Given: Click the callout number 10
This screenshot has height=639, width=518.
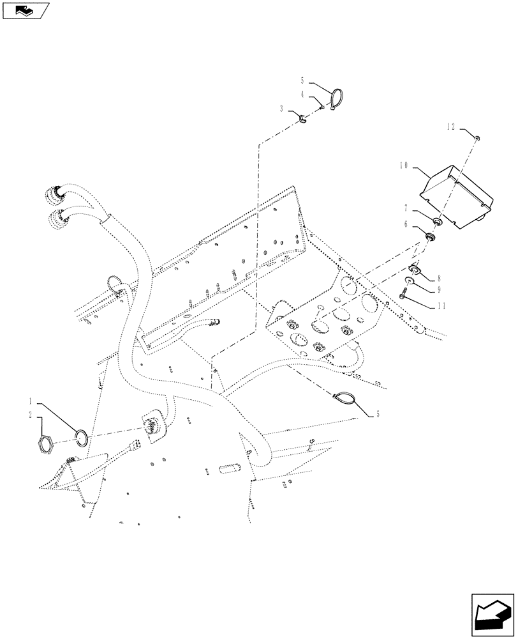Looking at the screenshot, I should [403, 165].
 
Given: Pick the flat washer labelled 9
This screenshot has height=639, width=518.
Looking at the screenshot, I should [408, 281].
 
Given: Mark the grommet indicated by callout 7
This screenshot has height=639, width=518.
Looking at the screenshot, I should [438, 222].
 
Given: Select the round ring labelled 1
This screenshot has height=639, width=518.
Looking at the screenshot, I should [82, 437].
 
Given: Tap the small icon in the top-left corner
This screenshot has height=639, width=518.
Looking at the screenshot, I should [26, 10].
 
